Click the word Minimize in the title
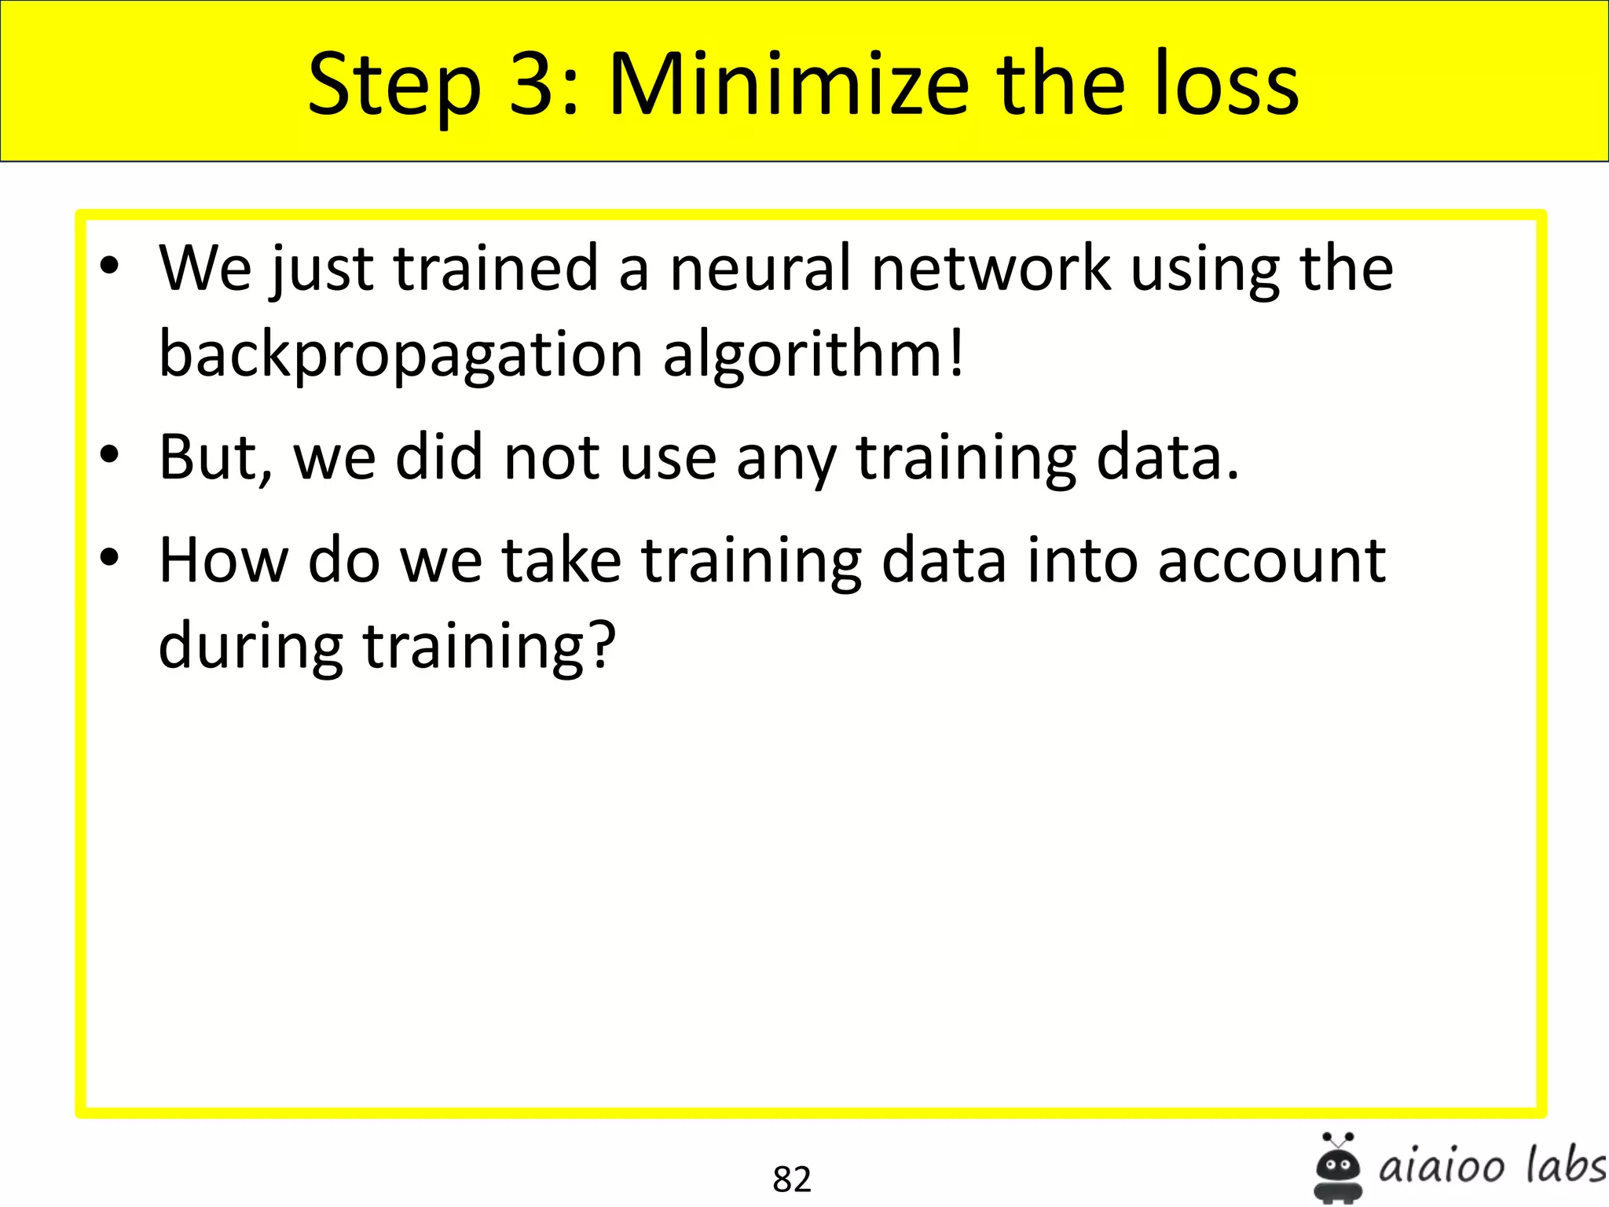pos(789,84)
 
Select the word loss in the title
pos(1226,84)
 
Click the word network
pos(991,268)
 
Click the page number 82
pos(791,1179)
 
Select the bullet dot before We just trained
pos(110,266)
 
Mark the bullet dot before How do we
pos(110,557)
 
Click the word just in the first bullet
pos(322,270)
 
